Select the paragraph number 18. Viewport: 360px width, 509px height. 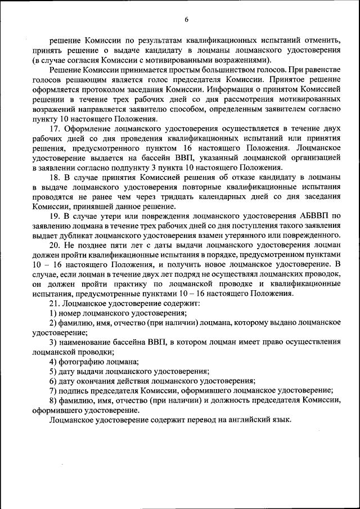pos(55,177)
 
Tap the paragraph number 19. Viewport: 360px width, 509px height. pos(55,215)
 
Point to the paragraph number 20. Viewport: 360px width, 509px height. pos(55,246)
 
